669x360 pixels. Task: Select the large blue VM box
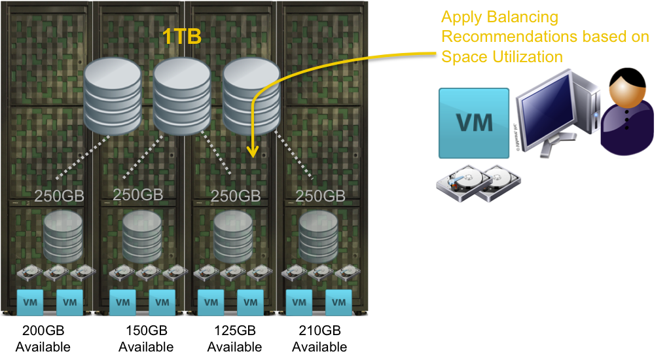(474, 122)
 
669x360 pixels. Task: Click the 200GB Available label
(43, 338)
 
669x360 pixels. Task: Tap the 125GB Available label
(234, 338)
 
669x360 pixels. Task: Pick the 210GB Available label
(319, 338)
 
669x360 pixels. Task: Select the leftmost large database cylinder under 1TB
(113, 96)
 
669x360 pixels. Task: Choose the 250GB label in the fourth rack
(320, 195)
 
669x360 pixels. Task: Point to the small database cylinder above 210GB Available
(319, 236)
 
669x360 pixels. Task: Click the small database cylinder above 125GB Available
(233, 236)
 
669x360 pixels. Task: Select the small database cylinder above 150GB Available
(142, 236)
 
